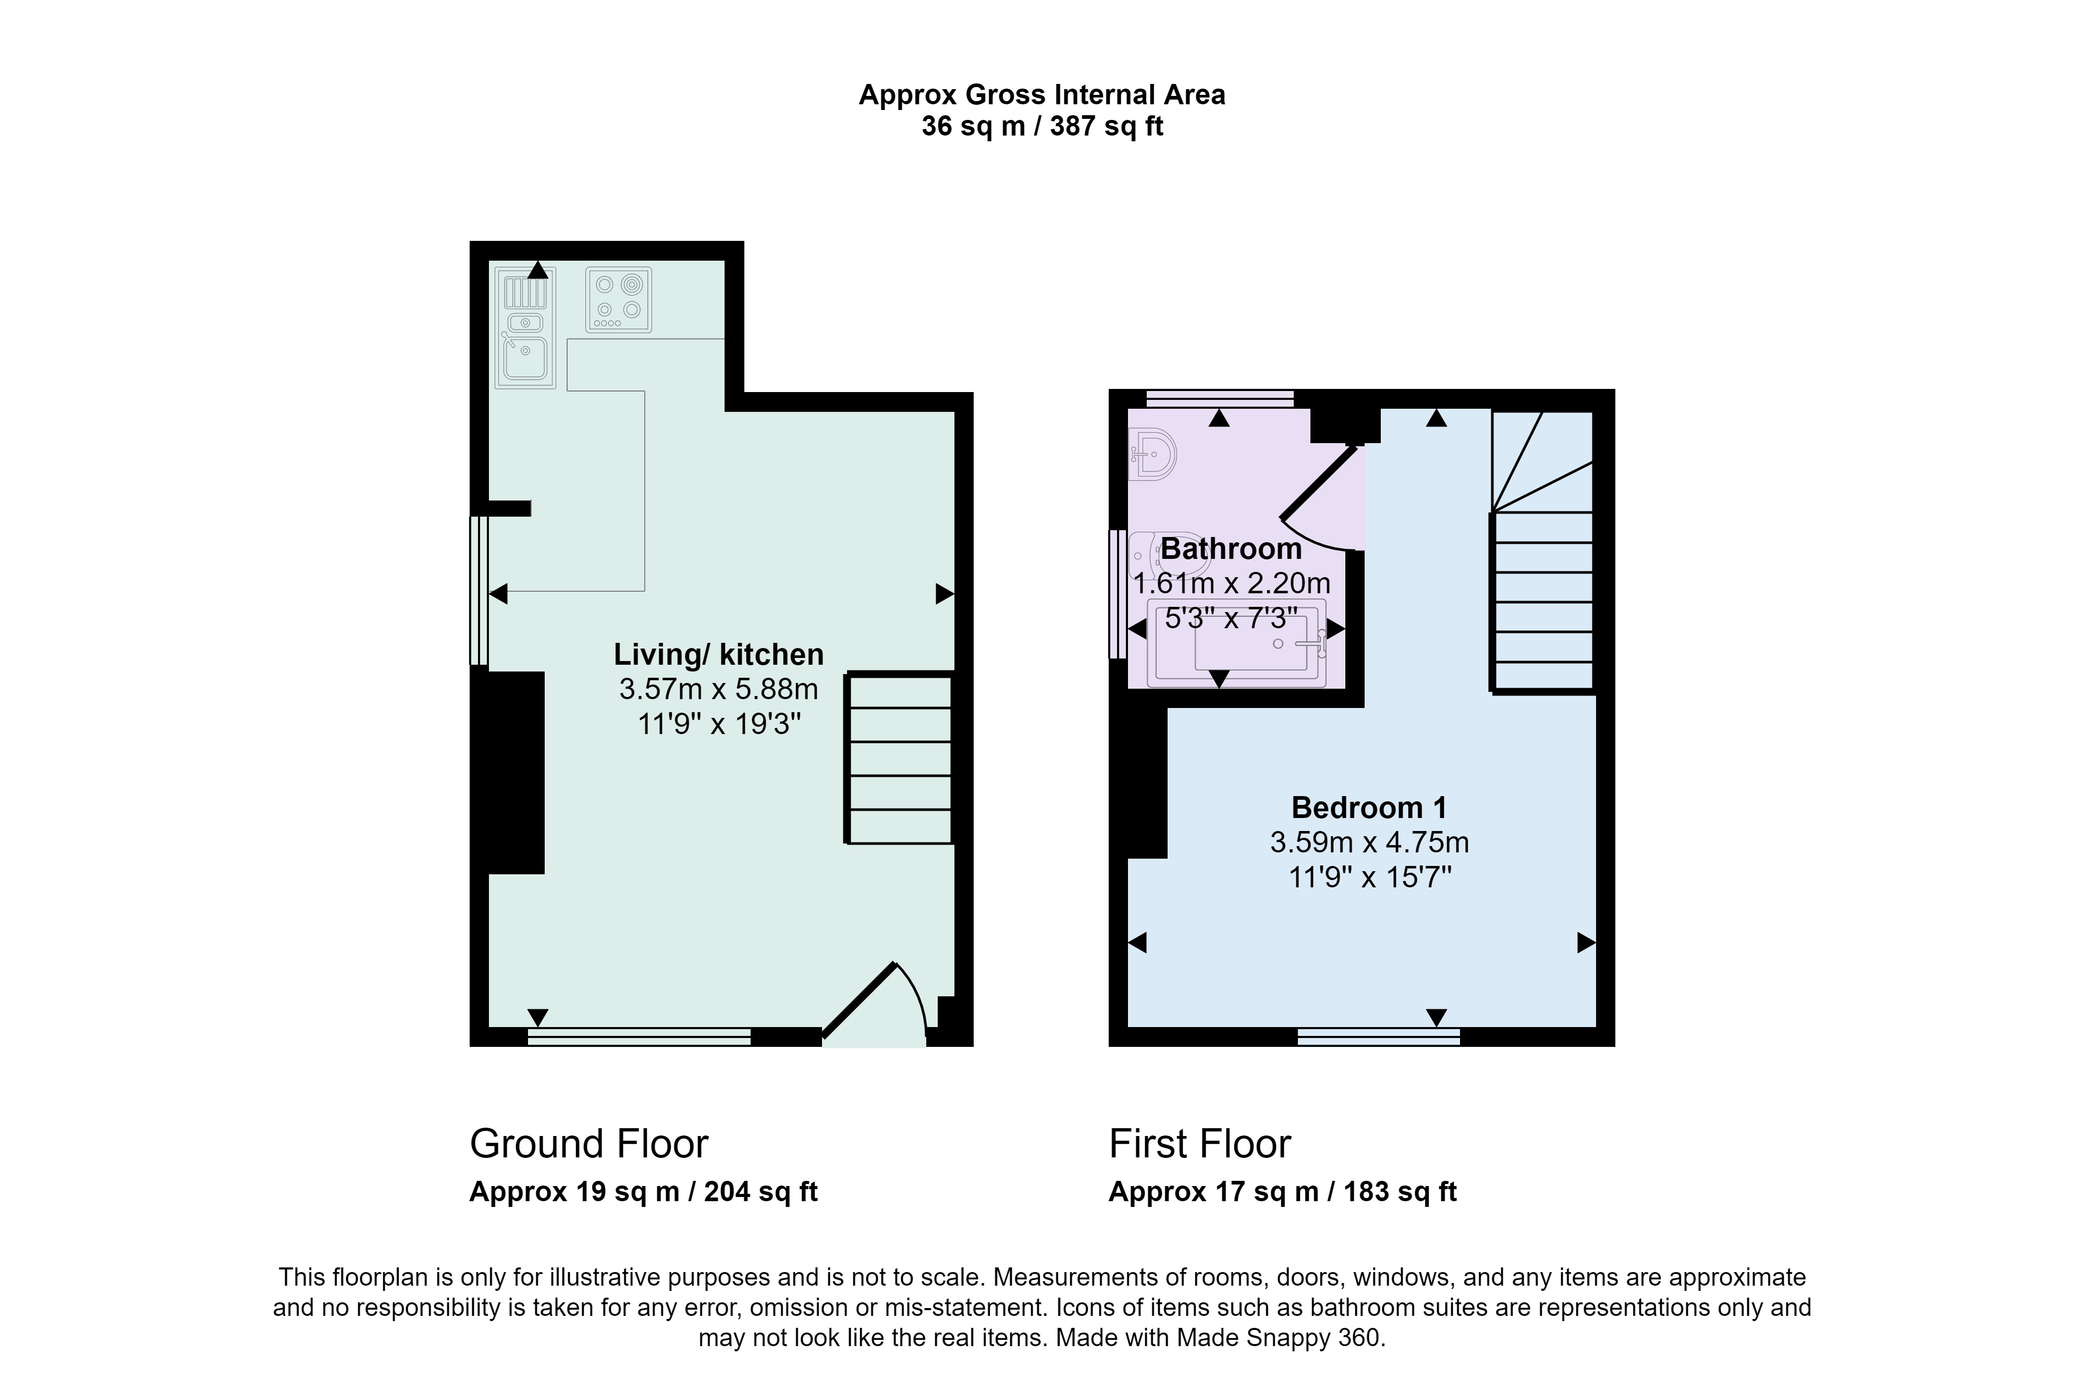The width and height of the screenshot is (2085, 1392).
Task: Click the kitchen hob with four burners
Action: tap(619, 300)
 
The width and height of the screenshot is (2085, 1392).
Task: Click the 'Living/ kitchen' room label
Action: tap(719, 654)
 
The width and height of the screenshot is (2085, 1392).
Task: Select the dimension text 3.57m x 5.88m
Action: tap(719, 689)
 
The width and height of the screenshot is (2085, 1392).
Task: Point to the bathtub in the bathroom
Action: tap(1236, 643)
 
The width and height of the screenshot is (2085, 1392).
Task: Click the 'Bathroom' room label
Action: tap(1231, 548)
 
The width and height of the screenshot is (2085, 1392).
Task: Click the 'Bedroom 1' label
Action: tap(1369, 808)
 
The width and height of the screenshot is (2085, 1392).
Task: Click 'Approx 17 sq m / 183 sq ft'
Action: tap(1283, 1191)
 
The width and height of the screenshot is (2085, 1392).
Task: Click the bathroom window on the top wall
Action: tap(1220, 399)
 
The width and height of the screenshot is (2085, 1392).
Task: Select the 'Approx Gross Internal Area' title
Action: tap(1042, 95)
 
